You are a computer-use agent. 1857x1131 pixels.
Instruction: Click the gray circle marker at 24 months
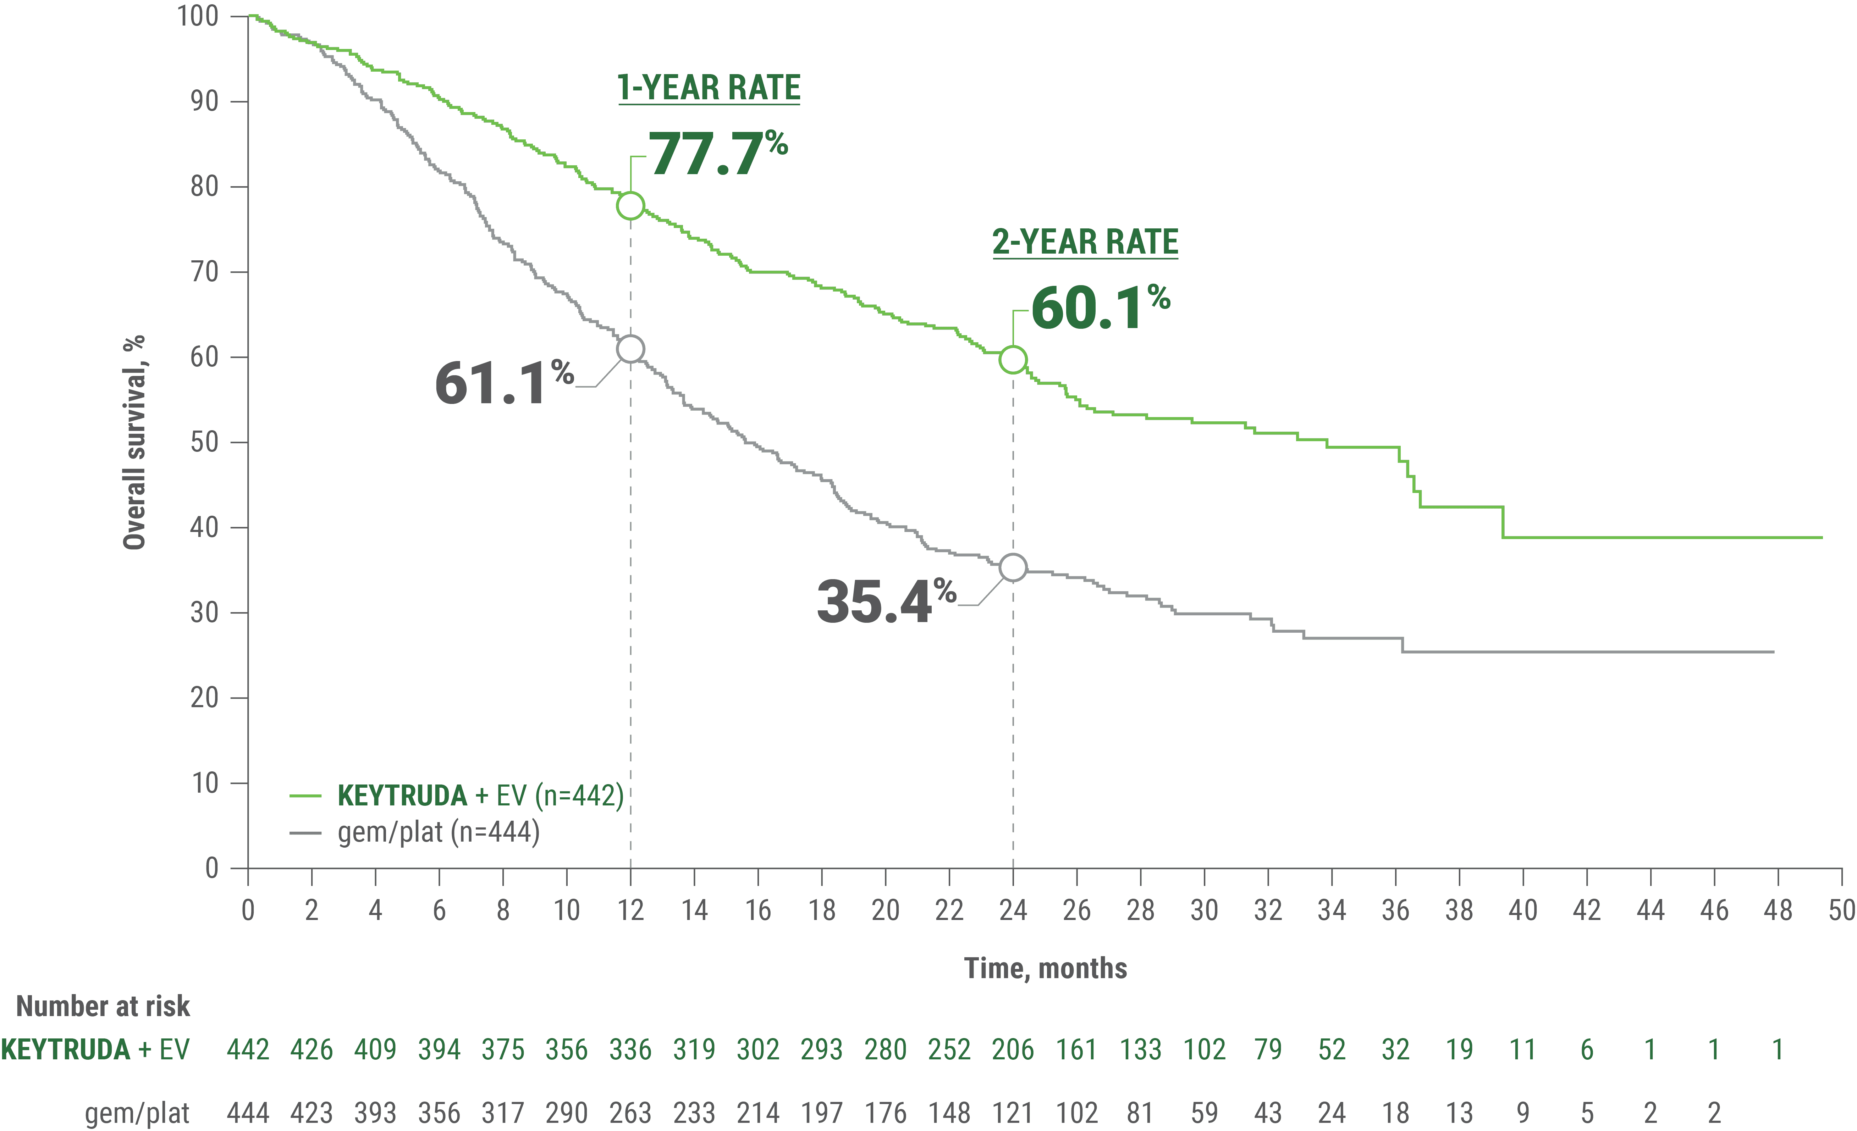click(x=1013, y=567)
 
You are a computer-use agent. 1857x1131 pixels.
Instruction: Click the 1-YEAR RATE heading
click(x=709, y=87)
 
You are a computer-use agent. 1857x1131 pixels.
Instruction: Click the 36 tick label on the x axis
click(x=1395, y=910)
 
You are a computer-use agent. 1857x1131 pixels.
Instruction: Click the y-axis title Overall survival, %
click(x=134, y=442)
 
